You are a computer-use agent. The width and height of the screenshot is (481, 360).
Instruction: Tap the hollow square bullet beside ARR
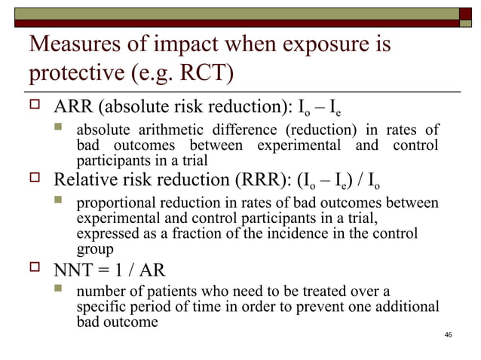(x=35, y=110)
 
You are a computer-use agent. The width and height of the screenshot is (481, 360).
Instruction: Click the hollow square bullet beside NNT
(x=35, y=268)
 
